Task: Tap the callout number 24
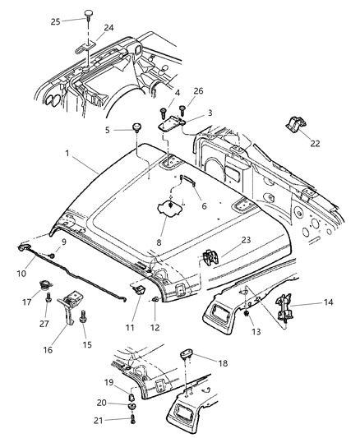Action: tap(108, 27)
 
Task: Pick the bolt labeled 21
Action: tap(132, 419)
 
